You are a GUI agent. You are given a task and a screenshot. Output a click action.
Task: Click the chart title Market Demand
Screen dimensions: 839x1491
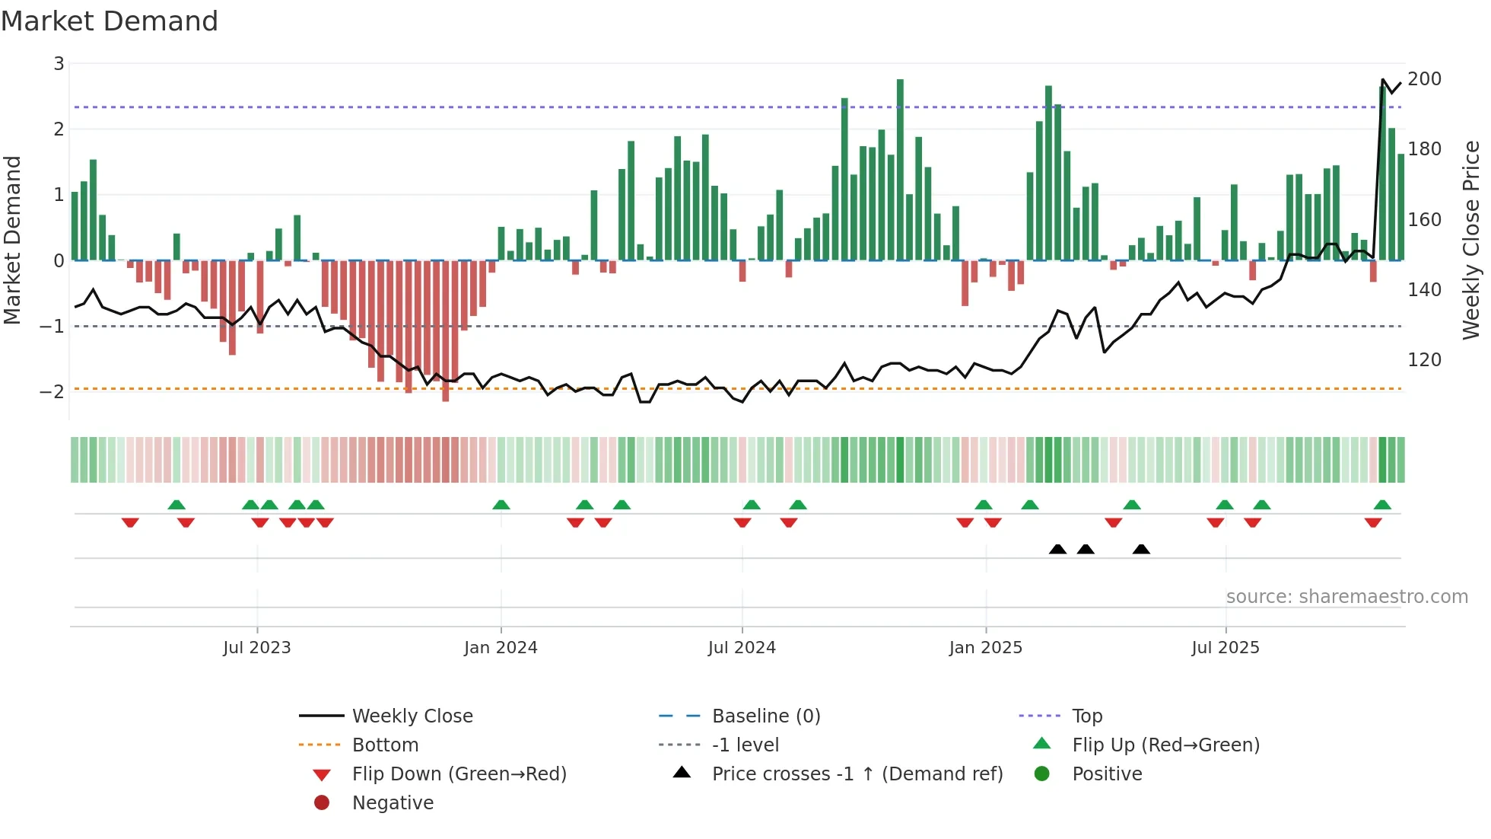tap(110, 21)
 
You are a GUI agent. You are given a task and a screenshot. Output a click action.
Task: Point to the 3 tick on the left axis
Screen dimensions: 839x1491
tap(59, 64)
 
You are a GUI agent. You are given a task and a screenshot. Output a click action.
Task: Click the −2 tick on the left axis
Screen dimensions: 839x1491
tap(52, 392)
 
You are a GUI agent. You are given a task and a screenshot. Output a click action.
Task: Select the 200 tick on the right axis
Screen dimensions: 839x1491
tap(1424, 79)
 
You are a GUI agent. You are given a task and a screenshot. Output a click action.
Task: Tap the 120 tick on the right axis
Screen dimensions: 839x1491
tap(1424, 360)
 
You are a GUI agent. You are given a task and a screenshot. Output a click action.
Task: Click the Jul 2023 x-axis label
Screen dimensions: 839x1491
tap(257, 648)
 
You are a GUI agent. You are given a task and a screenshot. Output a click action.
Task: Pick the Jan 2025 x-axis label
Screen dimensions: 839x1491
tap(985, 648)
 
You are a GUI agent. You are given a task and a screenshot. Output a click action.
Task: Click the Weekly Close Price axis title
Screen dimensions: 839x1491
tap(1471, 240)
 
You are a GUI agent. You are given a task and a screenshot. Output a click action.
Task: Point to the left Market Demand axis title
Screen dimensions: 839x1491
tap(12, 240)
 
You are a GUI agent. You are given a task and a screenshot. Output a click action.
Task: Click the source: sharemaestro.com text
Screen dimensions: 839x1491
tap(1346, 597)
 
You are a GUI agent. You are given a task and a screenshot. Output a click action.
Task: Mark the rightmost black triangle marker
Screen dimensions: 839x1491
tap(1141, 549)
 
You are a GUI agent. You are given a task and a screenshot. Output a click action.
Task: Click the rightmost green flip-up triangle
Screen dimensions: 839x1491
tap(1382, 505)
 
